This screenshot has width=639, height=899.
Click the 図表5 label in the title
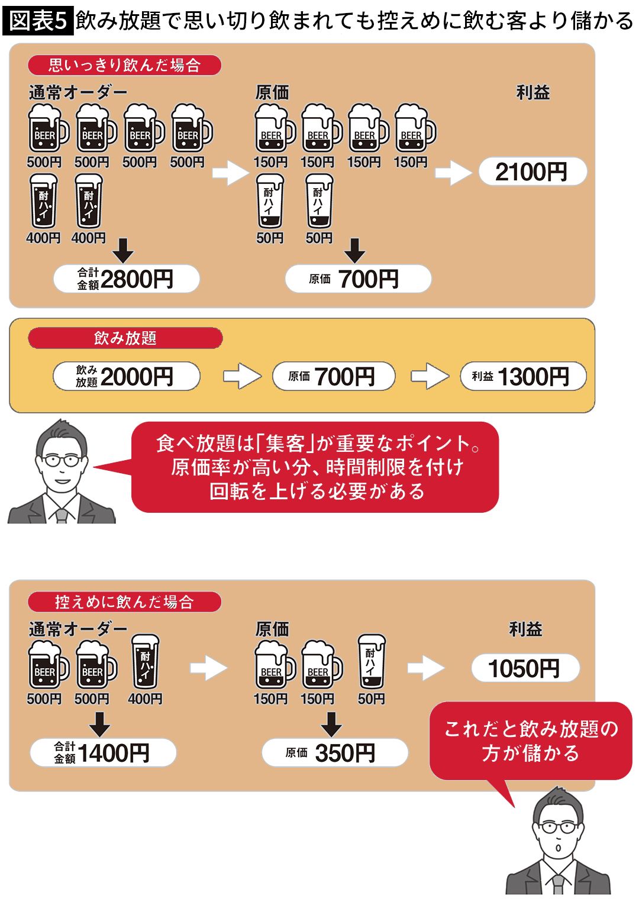point(37,21)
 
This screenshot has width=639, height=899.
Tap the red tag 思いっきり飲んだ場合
point(124,65)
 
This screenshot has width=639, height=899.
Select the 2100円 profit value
point(532,172)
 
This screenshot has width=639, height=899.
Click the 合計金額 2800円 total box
point(126,279)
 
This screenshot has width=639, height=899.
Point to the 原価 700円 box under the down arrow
point(358,279)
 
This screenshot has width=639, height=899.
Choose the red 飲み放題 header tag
point(125,338)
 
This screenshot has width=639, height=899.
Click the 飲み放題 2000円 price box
point(126,376)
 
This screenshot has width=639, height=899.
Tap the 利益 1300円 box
point(523,376)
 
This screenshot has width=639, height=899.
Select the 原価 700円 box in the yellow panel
point(333,376)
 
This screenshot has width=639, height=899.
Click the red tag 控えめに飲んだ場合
point(124,602)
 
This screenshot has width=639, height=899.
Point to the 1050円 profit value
point(525,669)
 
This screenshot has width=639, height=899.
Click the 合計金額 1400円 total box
point(103,753)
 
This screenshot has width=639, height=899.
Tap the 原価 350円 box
point(335,753)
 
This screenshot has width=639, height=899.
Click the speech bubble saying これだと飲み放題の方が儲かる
point(531,740)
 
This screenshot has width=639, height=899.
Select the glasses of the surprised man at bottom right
point(559,827)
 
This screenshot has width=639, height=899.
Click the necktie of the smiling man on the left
point(62,515)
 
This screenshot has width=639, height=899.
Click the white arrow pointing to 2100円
point(453,173)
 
